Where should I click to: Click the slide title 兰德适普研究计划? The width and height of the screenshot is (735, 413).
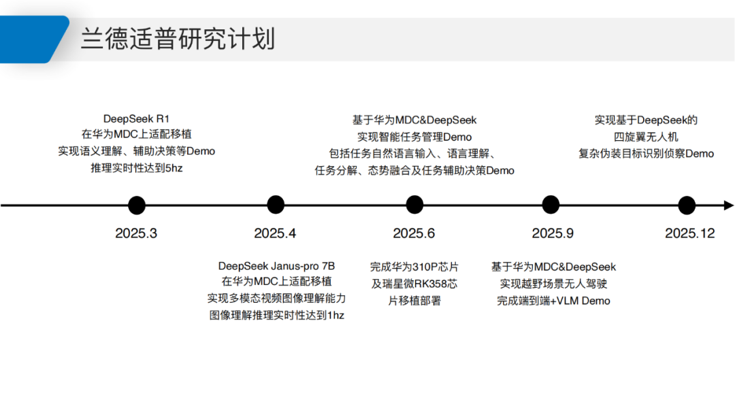tap(178, 39)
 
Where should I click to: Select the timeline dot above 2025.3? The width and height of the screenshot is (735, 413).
tap(136, 205)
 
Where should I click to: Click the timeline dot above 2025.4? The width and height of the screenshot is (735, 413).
tap(276, 205)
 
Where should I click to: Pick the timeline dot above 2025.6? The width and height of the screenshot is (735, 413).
tap(414, 205)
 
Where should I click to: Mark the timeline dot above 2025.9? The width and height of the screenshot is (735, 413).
tap(551, 205)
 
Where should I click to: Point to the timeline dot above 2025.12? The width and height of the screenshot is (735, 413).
tap(687, 205)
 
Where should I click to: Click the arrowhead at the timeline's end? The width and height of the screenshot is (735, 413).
tap(728, 205)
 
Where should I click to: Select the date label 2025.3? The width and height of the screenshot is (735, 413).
tap(136, 233)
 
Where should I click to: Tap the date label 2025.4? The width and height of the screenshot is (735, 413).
tap(275, 233)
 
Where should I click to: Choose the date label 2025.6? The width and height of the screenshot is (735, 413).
tap(414, 233)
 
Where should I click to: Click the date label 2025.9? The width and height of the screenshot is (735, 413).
tap(553, 233)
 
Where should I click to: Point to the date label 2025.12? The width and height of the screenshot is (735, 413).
tap(690, 233)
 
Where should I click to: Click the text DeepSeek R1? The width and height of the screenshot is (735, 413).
tap(136, 119)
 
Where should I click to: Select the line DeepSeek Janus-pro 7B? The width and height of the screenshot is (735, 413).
tap(276, 266)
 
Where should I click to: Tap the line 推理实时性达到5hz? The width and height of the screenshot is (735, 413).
tap(136, 168)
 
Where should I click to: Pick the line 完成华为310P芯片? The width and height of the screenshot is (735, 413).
tap(414, 267)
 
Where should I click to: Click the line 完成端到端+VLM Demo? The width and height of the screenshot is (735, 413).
tap(553, 301)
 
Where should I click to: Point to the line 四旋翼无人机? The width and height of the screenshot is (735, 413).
tap(646, 137)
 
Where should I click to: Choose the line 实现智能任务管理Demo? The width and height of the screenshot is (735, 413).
tap(414, 137)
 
